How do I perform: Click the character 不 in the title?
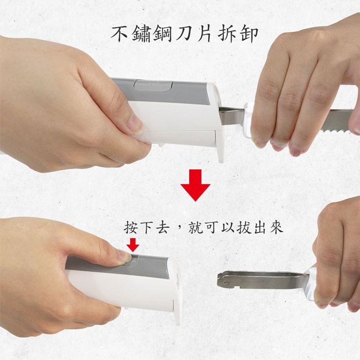pos(120,34)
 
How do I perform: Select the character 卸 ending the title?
pos(249,34)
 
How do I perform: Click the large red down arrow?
pos(196,186)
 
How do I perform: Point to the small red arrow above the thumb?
pos(133,245)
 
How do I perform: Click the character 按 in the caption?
pos(131,228)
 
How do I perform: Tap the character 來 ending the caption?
pos(277,228)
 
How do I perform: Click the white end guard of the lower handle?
pos(176,291)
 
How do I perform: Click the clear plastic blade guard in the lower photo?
pos(310,285)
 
